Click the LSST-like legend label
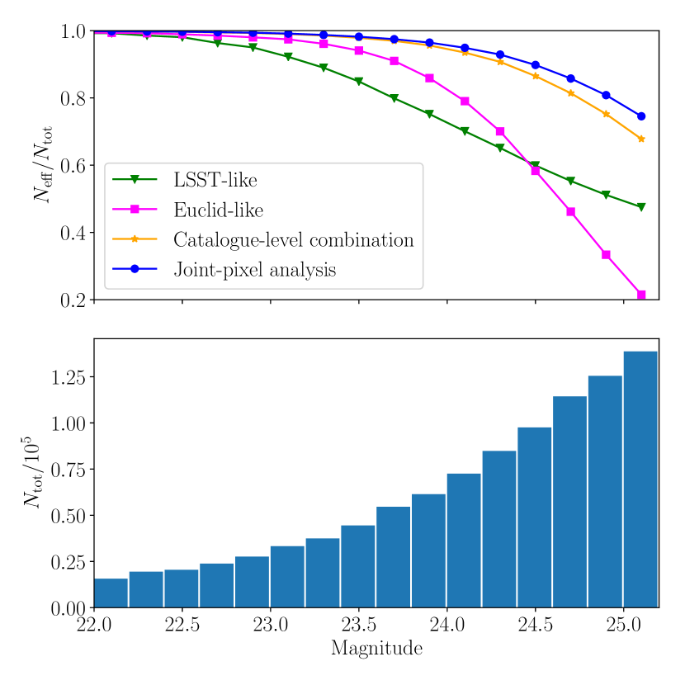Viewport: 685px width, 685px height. [215, 181]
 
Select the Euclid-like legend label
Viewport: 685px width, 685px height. [218, 210]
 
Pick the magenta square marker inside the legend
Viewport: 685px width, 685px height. [134, 210]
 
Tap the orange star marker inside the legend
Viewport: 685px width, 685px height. [134, 239]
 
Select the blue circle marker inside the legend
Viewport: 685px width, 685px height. [134, 269]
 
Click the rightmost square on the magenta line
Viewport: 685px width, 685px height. [641, 294]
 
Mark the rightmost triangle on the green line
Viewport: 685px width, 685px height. [641, 207]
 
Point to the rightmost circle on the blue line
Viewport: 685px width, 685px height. [641, 116]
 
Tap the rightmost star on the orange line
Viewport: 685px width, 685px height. [641, 139]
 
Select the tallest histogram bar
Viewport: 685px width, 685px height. [640, 479]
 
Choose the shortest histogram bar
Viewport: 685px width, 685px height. [111, 593]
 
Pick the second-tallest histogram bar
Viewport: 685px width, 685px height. [605, 491]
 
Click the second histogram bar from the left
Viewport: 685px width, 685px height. [146, 588]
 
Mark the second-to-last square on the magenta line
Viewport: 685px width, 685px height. [606, 254]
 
